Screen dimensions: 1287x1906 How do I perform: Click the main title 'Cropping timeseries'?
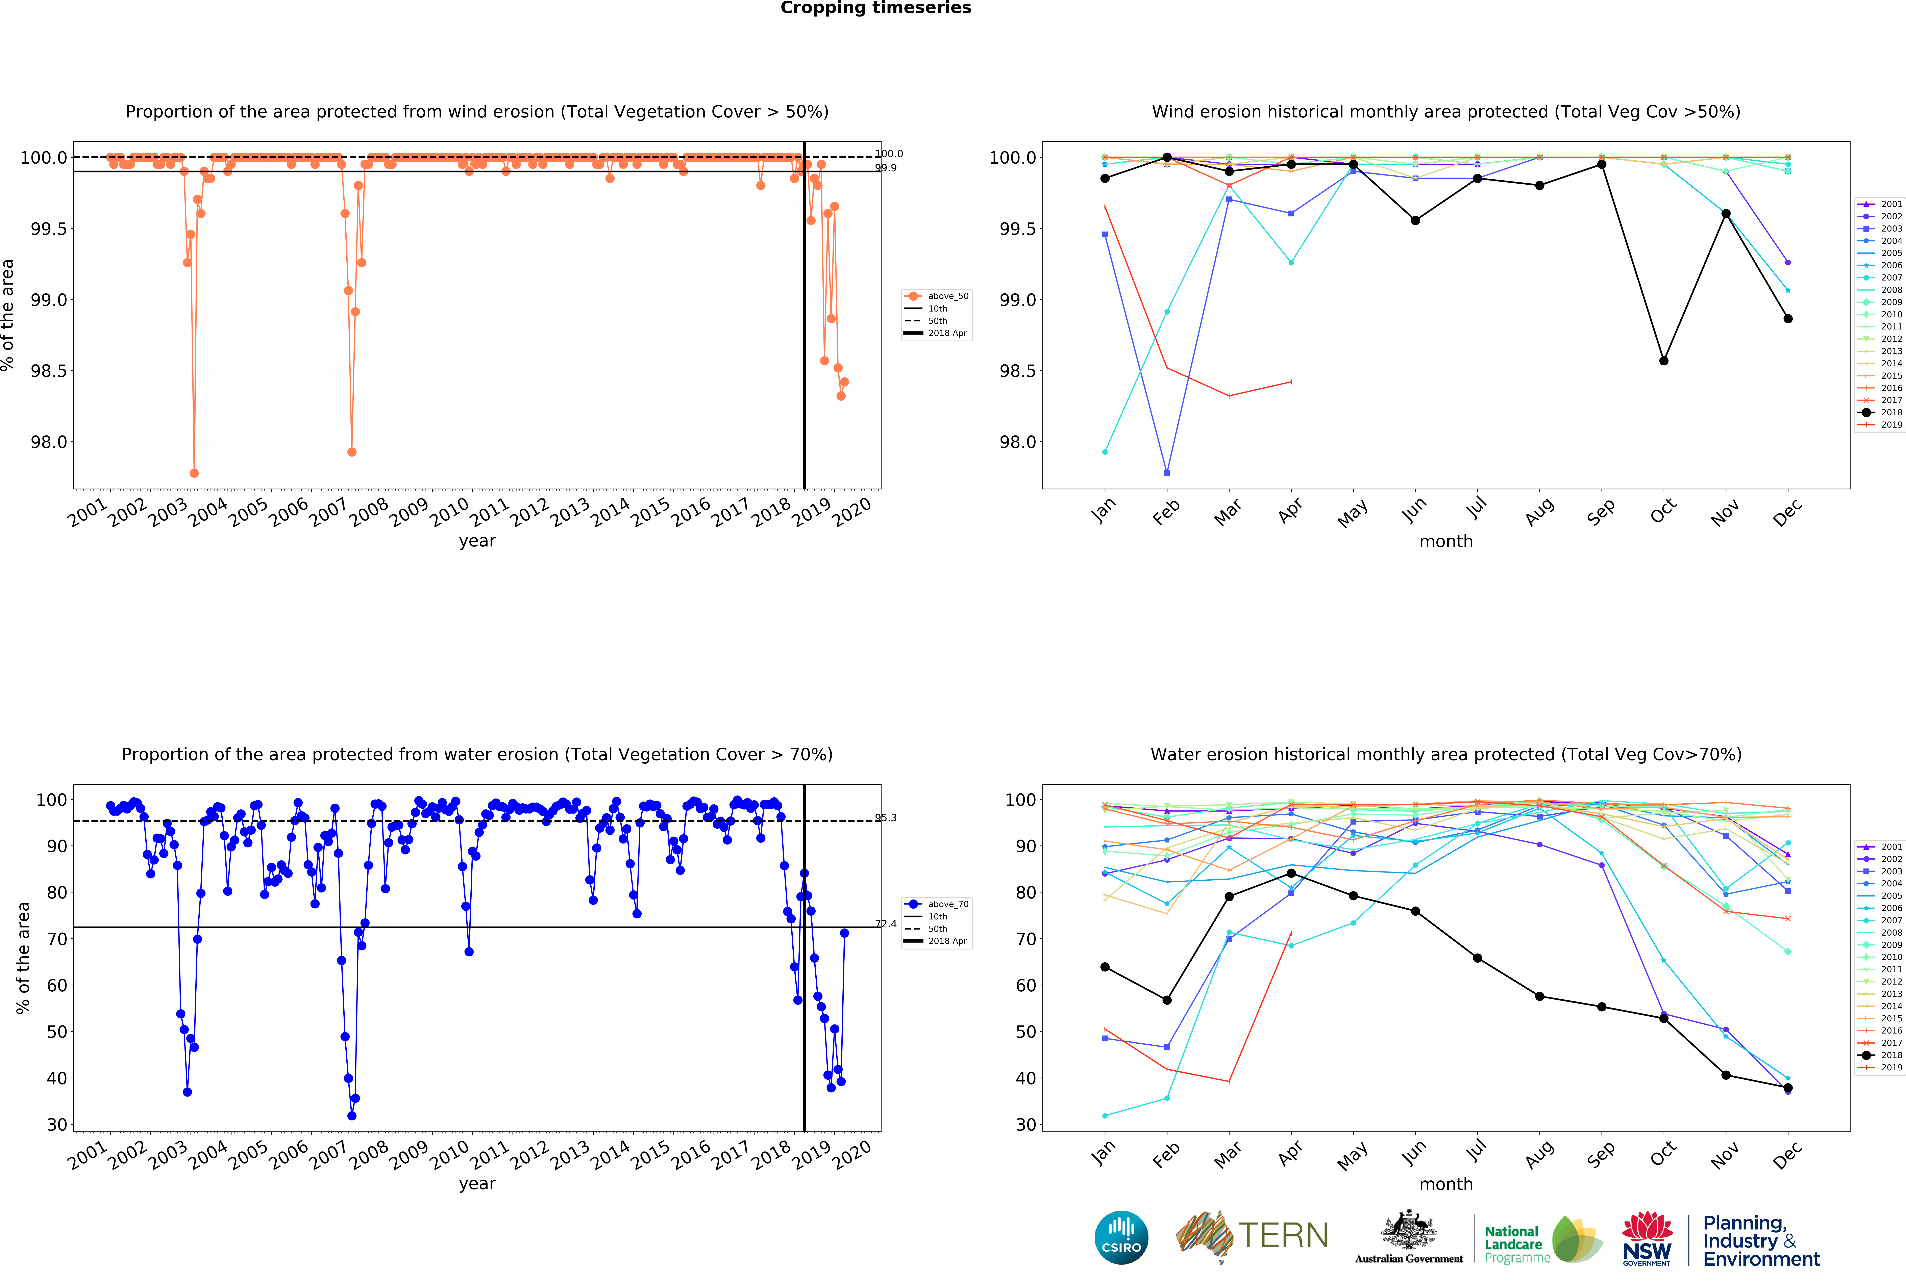coord(875,8)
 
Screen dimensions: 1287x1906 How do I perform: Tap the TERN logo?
coord(1252,1236)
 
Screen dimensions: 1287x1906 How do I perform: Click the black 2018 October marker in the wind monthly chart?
coord(1663,361)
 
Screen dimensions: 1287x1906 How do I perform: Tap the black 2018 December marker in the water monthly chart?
coord(1788,1088)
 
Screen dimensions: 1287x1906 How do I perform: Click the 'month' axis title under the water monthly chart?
coord(1446,1184)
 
